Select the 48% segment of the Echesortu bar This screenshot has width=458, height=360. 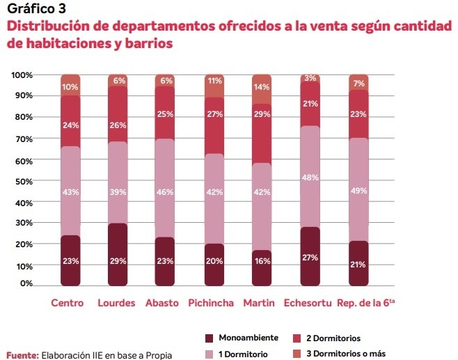(x=310, y=176)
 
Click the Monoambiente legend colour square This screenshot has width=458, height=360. (x=208, y=338)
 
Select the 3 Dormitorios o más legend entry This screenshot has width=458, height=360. (x=343, y=354)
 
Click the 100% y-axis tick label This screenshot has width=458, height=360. (x=22, y=75)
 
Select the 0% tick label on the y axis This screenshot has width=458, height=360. (x=26, y=284)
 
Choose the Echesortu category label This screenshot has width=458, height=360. (x=307, y=303)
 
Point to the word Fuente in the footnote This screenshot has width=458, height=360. (x=22, y=354)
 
